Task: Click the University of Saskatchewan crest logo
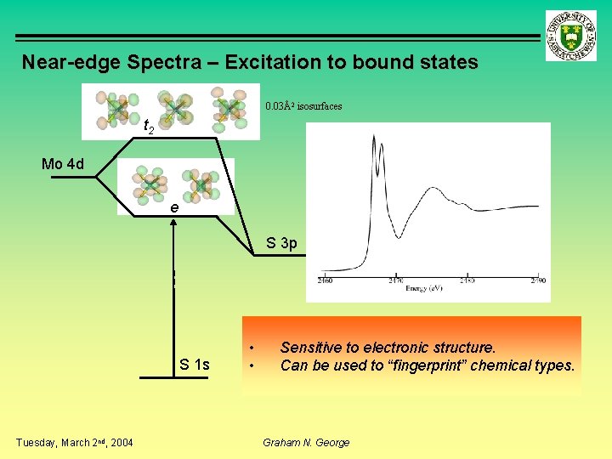(571, 36)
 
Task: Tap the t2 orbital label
(147, 127)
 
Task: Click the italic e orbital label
(173, 207)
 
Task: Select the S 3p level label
(281, 243)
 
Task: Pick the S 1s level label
(195, 365)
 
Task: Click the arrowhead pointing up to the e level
(173, 224)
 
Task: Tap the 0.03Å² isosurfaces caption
(303, 106)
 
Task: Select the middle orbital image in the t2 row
(173, 109)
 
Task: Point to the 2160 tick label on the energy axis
(326, 280)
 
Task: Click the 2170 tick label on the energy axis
(396, 280)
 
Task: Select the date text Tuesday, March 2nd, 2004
(75, 442)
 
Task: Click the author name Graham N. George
(306, 442)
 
